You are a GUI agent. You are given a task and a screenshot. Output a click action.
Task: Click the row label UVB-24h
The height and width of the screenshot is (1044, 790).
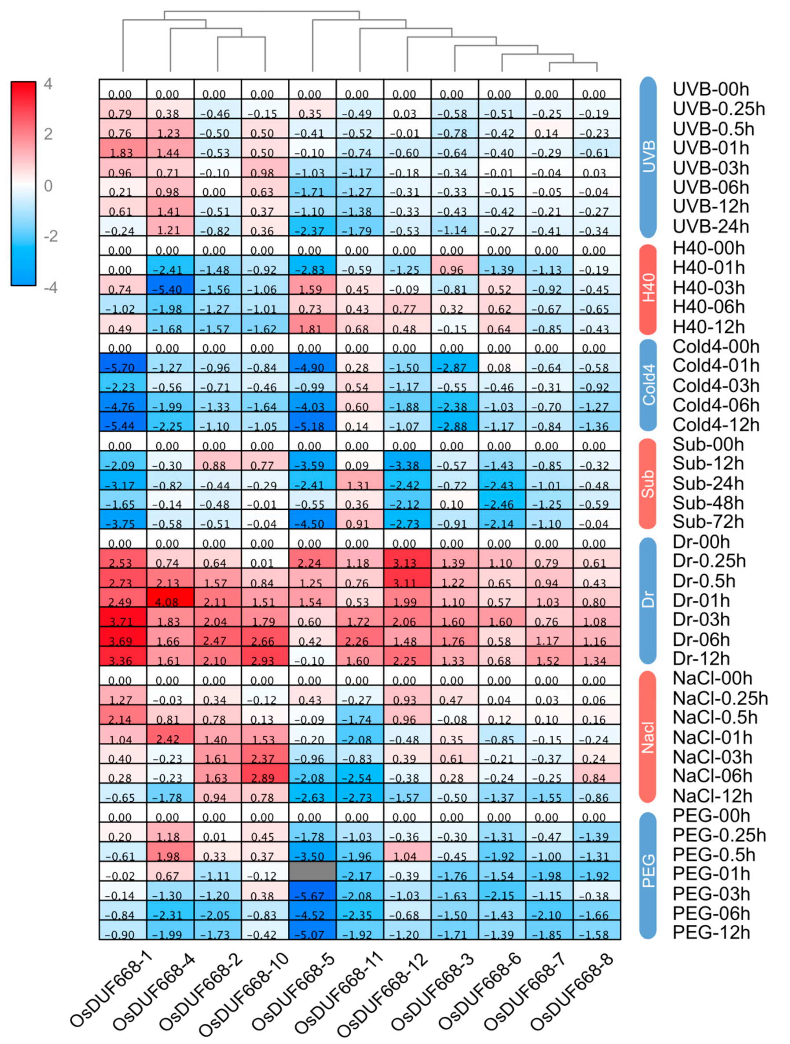[711, 226]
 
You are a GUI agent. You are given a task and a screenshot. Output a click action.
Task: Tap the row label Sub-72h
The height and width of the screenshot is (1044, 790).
[708, 522]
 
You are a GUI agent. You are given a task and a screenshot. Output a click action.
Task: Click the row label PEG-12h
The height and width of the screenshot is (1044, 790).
[711, 933]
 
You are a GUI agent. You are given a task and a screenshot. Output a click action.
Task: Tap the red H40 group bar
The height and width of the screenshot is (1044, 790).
[648, 289]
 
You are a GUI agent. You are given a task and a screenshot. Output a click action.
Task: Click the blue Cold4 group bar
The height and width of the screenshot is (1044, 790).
[648, 386]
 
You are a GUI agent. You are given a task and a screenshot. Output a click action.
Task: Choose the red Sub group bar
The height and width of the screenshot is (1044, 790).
[648, 484]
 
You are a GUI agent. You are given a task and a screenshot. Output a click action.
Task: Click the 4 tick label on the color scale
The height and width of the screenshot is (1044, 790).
[48, 84]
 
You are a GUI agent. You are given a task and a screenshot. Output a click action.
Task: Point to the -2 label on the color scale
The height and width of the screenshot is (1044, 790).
[51, 236]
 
